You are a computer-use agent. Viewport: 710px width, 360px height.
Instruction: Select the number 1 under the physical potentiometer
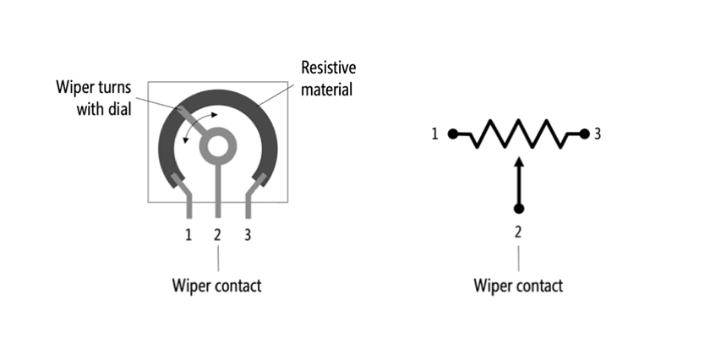(188, 234)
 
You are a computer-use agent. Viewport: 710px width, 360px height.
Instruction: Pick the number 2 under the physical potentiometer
(217, 234)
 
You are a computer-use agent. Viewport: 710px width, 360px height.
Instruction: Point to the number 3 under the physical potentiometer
(247, 234)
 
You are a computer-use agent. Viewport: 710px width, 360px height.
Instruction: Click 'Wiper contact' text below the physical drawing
(217, 285)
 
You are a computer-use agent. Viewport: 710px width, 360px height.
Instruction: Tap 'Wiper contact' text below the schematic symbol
(518, 285)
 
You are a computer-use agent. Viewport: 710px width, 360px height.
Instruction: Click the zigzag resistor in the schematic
(518, 134)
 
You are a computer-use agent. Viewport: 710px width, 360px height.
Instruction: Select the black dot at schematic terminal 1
(454, 134)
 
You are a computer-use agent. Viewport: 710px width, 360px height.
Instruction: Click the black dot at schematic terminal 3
(582, 134)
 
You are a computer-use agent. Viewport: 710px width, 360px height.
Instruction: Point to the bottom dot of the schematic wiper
(519, 208)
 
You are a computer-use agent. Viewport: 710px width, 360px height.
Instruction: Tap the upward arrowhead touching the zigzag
(519, 161)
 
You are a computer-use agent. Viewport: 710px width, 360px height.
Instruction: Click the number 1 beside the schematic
(435, 134)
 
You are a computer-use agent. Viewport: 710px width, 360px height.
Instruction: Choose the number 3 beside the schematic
(598, 134)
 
